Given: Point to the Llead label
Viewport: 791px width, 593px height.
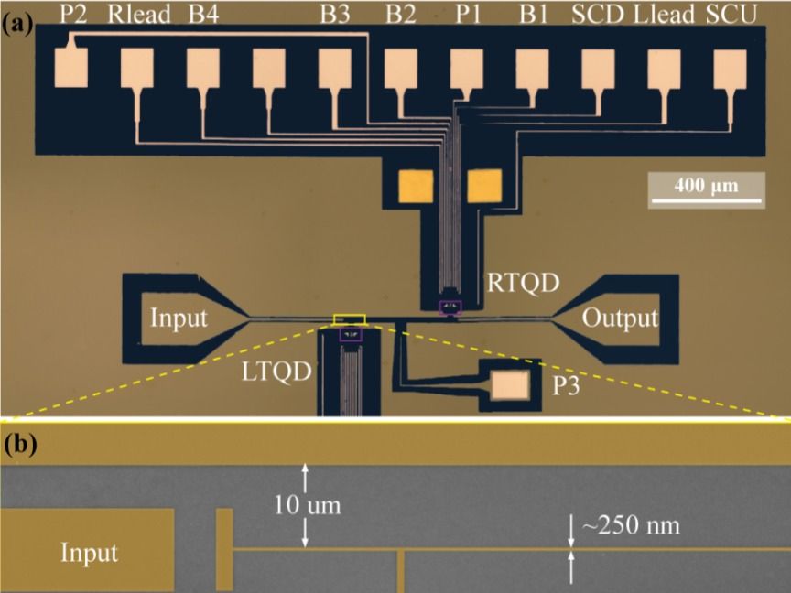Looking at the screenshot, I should [664, 14].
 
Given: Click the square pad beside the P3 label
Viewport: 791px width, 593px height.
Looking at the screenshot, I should [509, 387].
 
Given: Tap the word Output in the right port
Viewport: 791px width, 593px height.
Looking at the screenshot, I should [620, 318].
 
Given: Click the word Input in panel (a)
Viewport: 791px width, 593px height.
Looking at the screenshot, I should [179, 318].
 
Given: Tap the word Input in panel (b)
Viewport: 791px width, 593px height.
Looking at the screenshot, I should [90, 553].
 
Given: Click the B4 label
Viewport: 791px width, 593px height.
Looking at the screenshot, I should [202, 14].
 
